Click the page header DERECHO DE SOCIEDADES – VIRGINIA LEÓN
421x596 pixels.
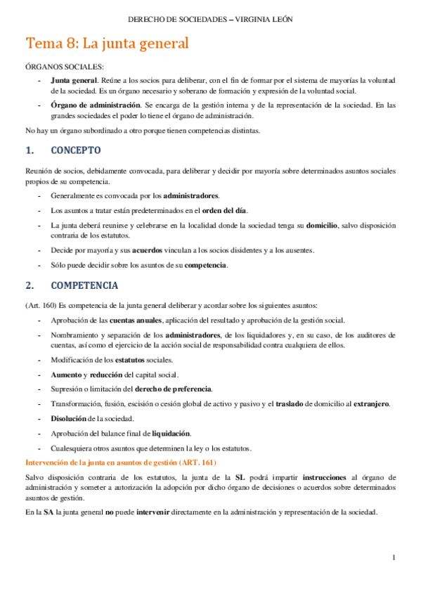coord(210,19)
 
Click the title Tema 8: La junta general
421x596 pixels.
coord(108,44)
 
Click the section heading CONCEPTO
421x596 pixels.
coord(76,150)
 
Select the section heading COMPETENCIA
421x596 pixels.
coord(84,286)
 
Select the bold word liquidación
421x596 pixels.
coord(171,433)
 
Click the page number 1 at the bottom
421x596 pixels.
coord(394,557)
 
